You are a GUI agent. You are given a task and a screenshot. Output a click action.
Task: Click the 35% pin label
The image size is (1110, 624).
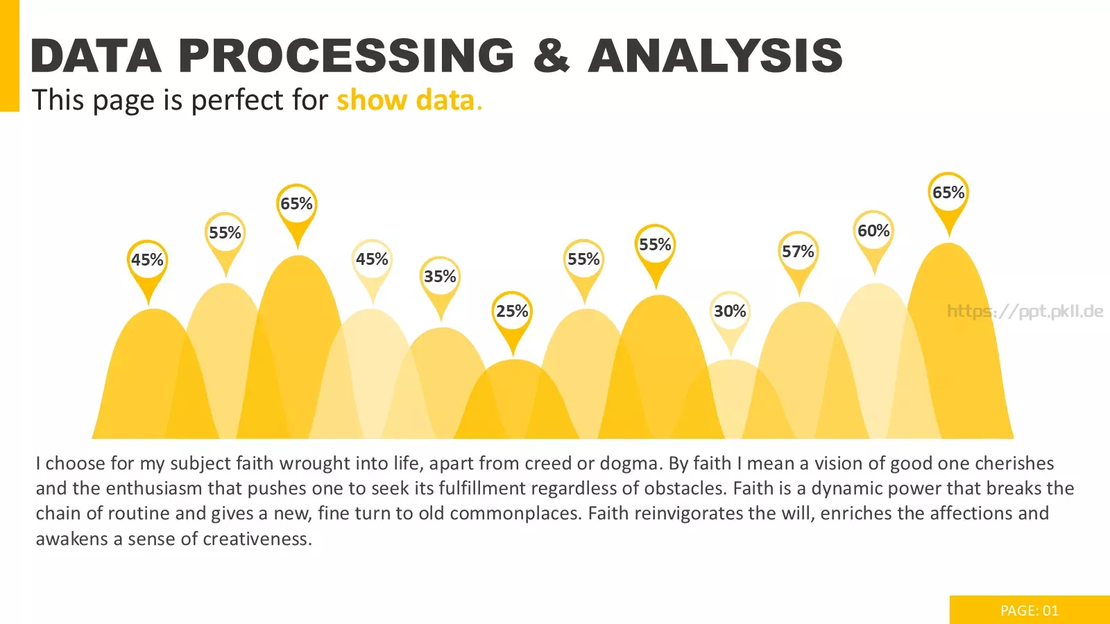440,276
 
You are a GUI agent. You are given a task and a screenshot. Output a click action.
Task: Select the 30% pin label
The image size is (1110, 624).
730,311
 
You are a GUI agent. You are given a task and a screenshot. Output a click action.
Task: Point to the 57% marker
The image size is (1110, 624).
799,263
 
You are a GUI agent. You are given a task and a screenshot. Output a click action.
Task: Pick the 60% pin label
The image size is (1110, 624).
873,230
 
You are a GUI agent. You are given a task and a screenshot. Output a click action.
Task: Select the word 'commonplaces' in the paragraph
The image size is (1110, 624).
515,514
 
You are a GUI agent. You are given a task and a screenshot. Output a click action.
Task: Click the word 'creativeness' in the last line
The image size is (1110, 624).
257,539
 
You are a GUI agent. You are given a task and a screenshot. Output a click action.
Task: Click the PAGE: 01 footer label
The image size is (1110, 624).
1030,611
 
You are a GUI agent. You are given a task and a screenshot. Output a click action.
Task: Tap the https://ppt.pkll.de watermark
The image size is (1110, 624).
1025,311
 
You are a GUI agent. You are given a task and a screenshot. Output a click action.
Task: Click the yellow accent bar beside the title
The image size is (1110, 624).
10,55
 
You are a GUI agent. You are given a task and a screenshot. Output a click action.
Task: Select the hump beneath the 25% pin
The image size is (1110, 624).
515,401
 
